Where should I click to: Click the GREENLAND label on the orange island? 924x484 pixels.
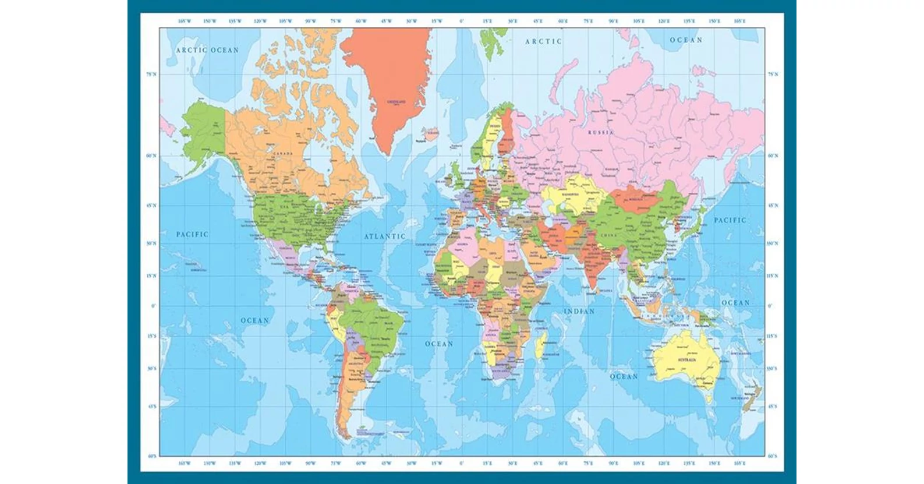396,102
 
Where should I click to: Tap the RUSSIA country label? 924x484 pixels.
600,133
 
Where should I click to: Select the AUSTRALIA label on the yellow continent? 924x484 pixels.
686,360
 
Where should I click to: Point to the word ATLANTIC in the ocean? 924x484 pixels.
385,236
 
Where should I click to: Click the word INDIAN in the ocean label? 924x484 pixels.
579,312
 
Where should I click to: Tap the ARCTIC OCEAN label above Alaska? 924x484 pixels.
207,50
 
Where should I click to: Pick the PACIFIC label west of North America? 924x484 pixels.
192,234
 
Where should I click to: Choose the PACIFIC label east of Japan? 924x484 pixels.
730,220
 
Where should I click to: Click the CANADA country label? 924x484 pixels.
284,154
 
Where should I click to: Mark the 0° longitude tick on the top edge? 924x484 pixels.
461,21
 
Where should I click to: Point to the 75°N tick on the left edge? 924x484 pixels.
151,75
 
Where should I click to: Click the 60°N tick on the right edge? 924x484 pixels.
773,156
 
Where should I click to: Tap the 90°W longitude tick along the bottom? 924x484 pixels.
310,464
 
